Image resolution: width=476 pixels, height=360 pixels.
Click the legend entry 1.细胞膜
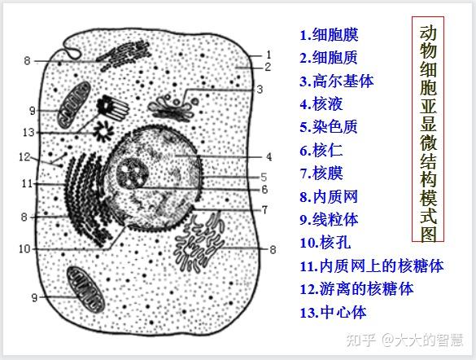[x=329, y=35]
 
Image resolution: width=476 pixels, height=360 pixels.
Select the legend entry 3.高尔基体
[x=336, y=81]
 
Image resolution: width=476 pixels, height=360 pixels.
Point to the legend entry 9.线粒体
[x=329, y=220]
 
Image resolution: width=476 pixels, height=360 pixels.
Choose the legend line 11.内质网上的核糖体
[x=371, y=266]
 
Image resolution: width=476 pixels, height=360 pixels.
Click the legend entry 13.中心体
[x=333, y=313]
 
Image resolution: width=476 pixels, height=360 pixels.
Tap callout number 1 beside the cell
[x=269, y=55]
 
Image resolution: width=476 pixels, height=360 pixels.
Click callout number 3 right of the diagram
[x=260, y=89]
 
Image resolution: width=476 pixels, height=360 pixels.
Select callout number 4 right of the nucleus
[x=269, y=156]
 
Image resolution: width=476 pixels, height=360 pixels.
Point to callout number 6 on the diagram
[x=264, y=190]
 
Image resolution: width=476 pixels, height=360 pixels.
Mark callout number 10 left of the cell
[x=24, y=248]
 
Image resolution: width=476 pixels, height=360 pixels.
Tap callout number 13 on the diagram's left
[x=28, y=132]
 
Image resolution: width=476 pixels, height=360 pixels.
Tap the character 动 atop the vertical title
[x=428, y=35]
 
